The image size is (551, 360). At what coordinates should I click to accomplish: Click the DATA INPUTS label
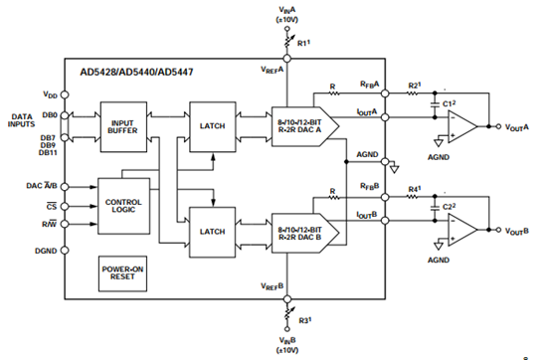tap(19, 119)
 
